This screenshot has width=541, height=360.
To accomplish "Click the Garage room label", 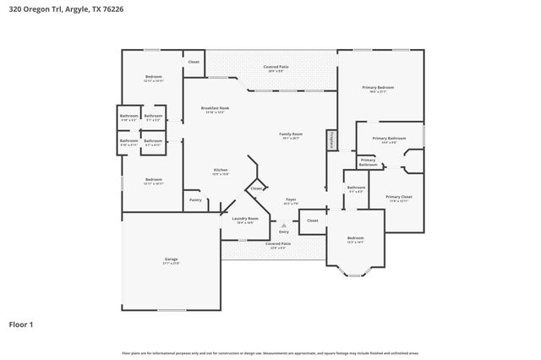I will pyautogui.click(x=171, y=259).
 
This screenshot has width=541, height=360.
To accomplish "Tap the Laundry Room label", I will pyautogui.click(x=245, y=219).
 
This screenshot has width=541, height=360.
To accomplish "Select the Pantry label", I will pyautogui.click(x=195, y=200).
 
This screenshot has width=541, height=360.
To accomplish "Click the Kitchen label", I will pyautogui.click(x=221, y=171).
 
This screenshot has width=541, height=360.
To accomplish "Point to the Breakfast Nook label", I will pyautogui.click(x=215, y=108).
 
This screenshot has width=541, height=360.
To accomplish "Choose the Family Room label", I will pyautogui.click(x=291, y=134).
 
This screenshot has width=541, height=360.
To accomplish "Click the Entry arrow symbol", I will pyautogui.click(x=284, y=226).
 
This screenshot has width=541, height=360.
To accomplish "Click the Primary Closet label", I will pyautogui.click(x=398, y=197).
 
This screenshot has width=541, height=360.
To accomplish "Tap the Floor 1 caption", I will pyautogui.click(x=20, y=324).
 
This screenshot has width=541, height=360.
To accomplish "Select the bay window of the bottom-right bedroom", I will pyautogui.click(x=355, y=270).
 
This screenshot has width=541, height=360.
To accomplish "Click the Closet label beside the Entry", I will pyautogui.click(x=312, y=221).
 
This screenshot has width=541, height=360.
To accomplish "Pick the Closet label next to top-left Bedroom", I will pyautogui.click(x=194, y=62).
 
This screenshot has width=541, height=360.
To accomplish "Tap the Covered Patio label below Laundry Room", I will pyautogui.click(x=276, y=244).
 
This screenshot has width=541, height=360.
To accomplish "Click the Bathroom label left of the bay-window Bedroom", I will pyautogui.click(x=356, y=188).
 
